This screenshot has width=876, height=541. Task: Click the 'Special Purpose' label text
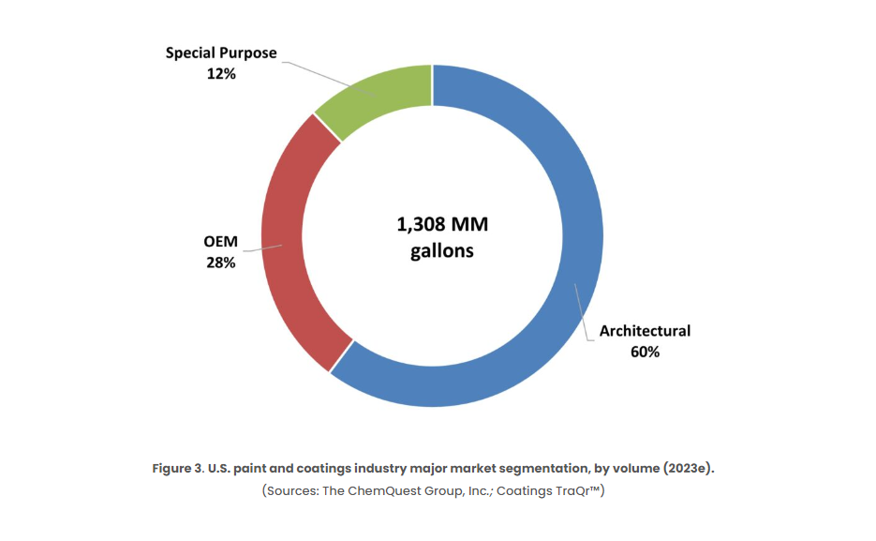221,53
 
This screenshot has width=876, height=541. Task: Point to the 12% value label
221,72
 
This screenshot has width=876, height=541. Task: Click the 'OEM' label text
221,242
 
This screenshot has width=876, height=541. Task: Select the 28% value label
221,263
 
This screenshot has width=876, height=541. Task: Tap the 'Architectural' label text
645,331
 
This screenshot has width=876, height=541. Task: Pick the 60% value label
645,352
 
